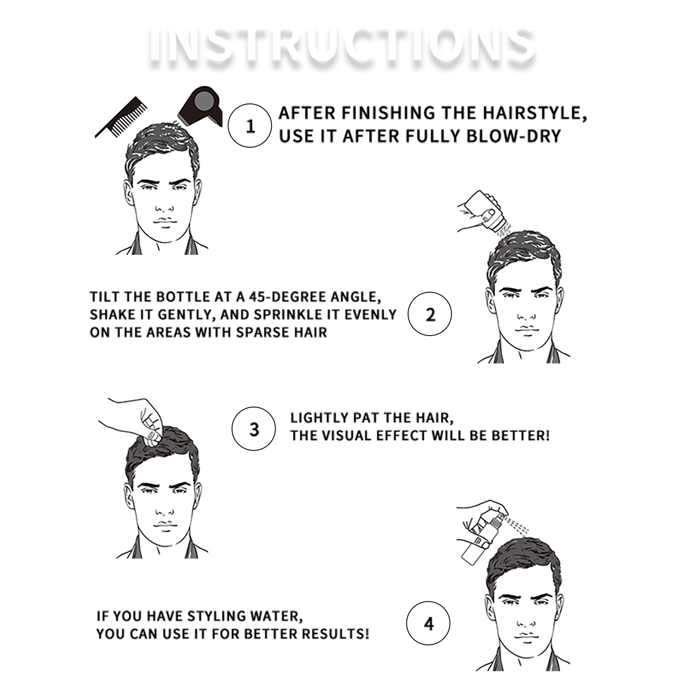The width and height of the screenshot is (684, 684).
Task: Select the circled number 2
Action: (430, 314)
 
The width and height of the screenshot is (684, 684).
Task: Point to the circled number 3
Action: (254, 429)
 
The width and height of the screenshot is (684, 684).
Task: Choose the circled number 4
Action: (428, 623)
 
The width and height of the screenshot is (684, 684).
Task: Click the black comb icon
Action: (121, 117)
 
